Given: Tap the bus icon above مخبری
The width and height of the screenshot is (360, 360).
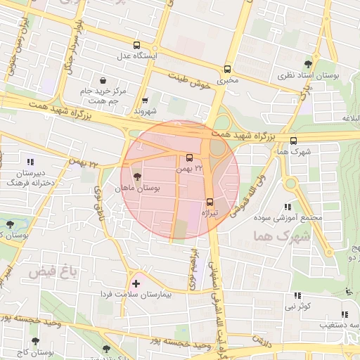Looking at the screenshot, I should pos(227,70).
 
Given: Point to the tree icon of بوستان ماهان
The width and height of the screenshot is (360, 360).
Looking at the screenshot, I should pos(136,177).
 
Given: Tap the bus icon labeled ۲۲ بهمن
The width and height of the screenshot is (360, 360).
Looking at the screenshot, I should pos(189,157).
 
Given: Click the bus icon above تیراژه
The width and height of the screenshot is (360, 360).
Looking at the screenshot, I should pos(210,201).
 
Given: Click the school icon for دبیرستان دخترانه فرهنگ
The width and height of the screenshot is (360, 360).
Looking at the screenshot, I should pos(30,162).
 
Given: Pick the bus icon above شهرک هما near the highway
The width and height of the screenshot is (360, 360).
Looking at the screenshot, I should pos(293,140).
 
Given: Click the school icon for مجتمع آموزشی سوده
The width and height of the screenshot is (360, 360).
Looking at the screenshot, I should pos(288,207).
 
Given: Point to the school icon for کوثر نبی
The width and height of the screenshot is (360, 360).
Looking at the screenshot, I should pos(297,296).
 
